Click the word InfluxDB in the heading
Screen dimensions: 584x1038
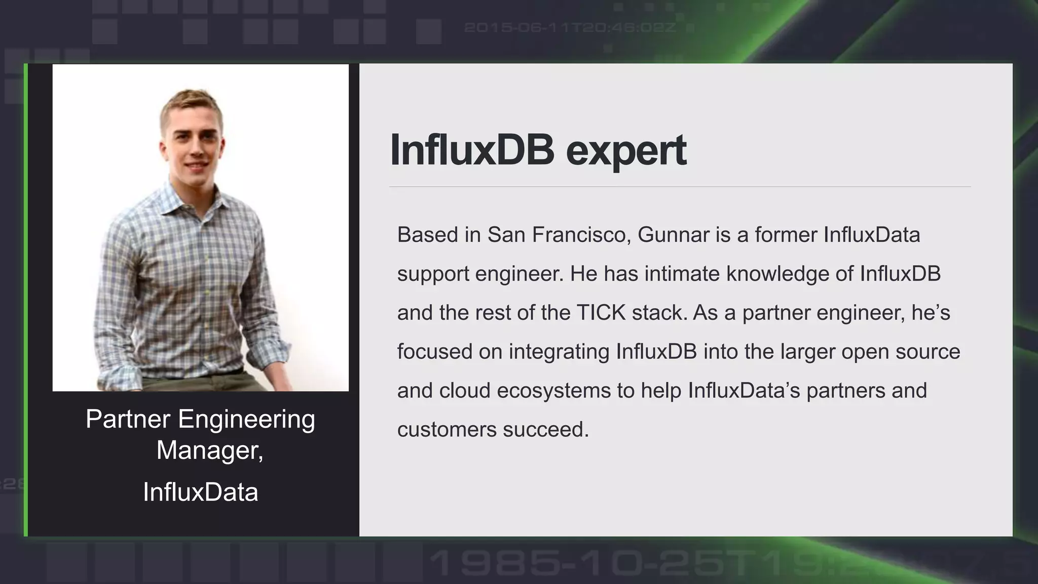coord(471,150)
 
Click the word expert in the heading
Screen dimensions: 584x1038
coord(626,151)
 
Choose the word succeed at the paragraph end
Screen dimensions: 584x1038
coord(546,430)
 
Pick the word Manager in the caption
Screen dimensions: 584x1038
coord(209,450)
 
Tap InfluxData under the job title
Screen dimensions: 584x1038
coord(200,492)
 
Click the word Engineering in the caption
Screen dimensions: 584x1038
coord(246,419)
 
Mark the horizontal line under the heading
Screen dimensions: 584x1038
coord(679,187)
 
